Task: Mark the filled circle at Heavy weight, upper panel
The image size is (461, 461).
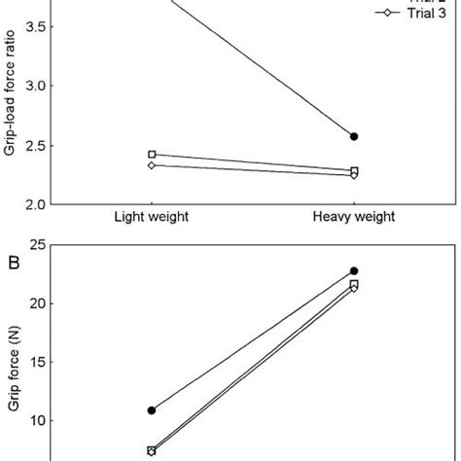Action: pos(354,137)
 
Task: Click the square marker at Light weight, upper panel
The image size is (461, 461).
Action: pos(152,155)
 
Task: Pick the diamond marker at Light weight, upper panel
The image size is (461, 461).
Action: pos(152,165)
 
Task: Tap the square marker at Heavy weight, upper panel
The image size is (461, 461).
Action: pos(354,171)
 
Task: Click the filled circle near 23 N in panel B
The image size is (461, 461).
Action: pos(354,271)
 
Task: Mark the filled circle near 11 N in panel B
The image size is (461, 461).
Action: pos(152,410)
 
